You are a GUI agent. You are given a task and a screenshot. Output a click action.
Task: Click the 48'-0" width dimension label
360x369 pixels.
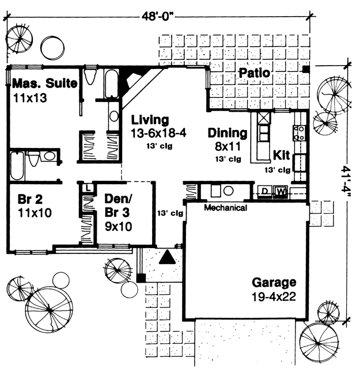(157, 17)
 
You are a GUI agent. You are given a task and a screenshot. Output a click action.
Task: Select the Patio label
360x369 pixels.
(254, 73)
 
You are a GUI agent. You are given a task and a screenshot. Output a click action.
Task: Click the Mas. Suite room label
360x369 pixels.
(45, 83)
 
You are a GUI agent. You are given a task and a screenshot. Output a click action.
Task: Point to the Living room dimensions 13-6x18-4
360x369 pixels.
(158, 134)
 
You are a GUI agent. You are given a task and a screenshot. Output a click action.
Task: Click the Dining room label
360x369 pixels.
(228, 133)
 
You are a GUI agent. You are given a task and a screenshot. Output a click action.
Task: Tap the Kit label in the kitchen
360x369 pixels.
(281, 155)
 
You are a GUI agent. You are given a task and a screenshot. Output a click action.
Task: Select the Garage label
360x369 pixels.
(274, 283)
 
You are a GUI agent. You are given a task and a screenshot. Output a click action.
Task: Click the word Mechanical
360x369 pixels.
(226, 208)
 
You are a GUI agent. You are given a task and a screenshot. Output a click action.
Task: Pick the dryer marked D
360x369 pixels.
(265, 191)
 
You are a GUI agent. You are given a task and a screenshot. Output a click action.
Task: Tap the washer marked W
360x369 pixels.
(281, 191)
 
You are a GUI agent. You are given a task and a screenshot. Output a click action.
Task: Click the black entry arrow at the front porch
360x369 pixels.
(167, 257)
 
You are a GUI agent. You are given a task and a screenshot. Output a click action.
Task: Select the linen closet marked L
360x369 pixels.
(88, 188)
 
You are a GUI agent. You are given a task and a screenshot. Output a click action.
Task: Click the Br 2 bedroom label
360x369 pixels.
(30, 199)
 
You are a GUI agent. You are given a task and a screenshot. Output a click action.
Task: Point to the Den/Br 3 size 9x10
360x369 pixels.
(118, 227)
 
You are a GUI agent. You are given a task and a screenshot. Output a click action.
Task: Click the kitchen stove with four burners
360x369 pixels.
(300, 133)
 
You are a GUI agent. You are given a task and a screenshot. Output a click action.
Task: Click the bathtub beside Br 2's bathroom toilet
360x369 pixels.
(17, 166)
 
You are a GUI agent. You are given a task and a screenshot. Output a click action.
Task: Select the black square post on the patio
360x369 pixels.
(306, 69)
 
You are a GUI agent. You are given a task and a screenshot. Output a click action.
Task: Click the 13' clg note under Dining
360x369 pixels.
(228, 159)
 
